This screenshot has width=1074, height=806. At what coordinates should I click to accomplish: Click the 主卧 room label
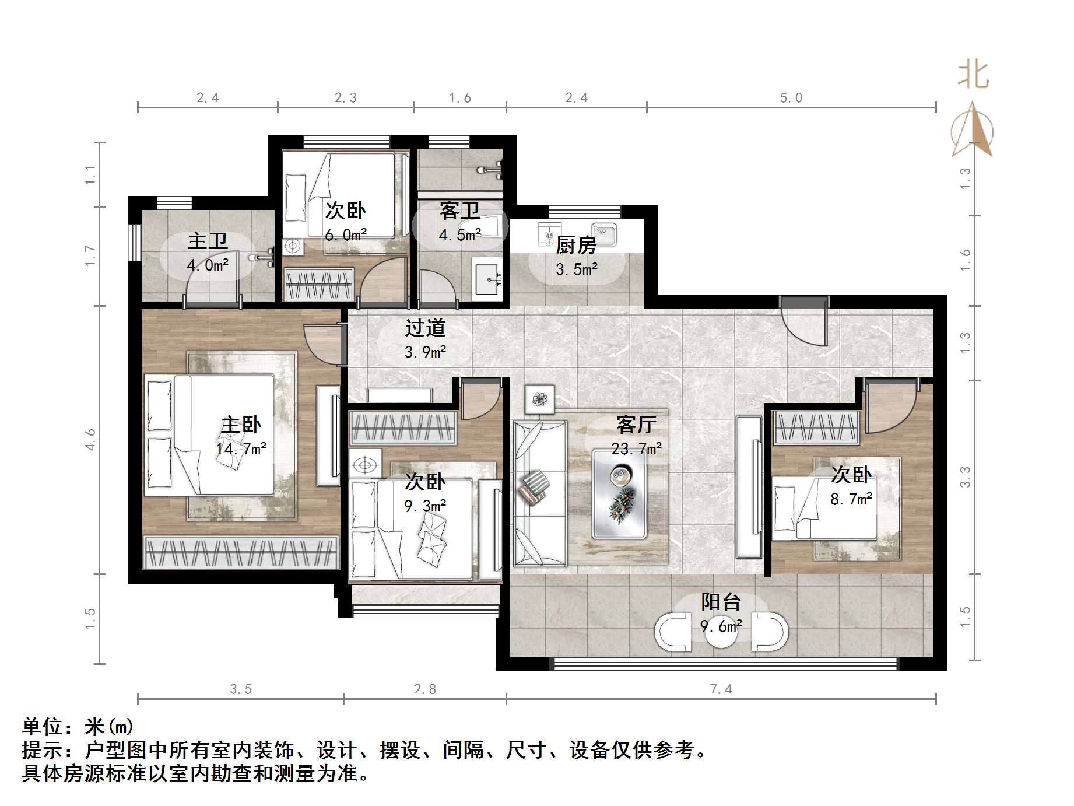[x=241, y=425]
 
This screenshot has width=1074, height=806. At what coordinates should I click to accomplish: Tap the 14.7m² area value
[x=241, y=448]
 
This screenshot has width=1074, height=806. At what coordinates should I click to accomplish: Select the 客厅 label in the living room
[x=636, y=425]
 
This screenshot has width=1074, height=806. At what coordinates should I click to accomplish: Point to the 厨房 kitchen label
[x=576, y=245]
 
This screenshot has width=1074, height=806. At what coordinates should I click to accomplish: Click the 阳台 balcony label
[x=721, y=602]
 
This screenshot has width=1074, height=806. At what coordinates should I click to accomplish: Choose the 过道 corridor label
[x=426, y=328]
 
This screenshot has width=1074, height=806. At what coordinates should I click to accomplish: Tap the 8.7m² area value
[x=851, y=499]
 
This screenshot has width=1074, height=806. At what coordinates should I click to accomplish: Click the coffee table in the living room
[x=619, y=493]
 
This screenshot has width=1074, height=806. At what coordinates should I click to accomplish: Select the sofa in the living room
[x=540, y=493]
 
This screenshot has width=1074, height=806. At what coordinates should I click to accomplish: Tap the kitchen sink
[x=604, y=234]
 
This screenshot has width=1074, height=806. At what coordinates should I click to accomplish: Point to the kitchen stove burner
[x=549, y=234]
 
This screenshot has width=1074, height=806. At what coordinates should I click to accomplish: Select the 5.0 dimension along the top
[x=791, y=98]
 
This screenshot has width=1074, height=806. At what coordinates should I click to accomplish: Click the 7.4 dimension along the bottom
[x=721, y=689]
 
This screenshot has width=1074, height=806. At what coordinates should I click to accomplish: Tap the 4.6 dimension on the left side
[x=90, y=439]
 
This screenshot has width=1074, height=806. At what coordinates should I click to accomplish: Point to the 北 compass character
[x=973, y=75]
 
